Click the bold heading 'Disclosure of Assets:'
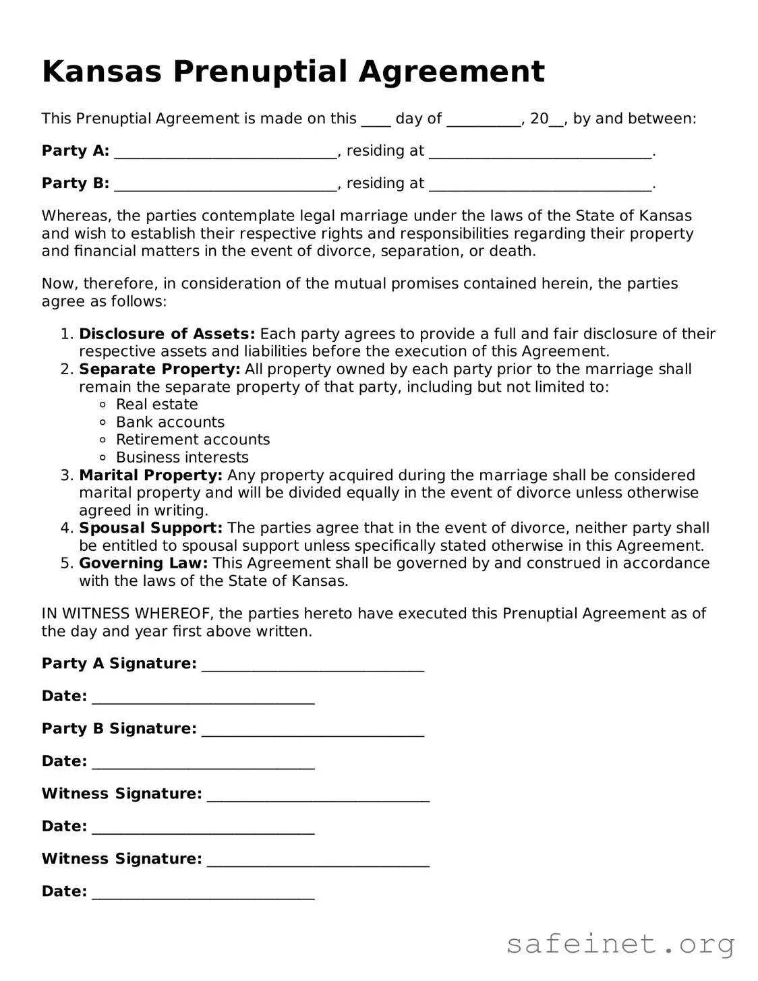[x=167, y=334]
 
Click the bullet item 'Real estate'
[x=156, y=405]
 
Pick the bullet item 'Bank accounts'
[x=170, y=422]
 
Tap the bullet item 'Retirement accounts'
[x=193, y=440]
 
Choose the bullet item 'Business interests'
[x=182, y=457]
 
